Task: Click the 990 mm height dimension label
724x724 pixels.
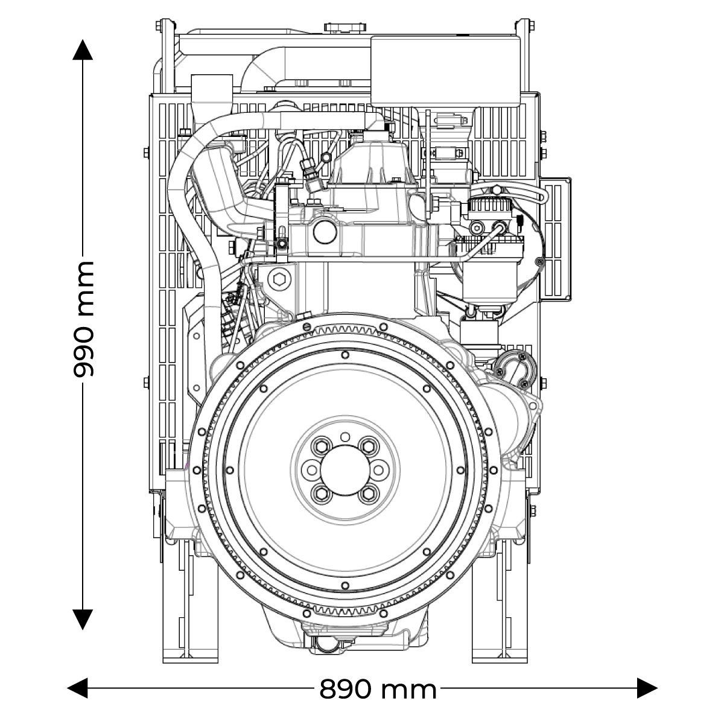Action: click(83, 319)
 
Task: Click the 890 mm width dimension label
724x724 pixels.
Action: click(378, 690)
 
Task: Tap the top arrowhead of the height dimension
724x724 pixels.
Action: click(83, 49)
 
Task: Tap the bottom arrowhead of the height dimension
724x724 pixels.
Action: click(83, 620)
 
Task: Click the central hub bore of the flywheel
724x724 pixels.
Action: click(346, 470)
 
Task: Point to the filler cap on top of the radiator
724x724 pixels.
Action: click(345, 28)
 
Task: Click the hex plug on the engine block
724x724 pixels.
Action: click(279, 279)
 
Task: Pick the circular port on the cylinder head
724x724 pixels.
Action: click(325, 232)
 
